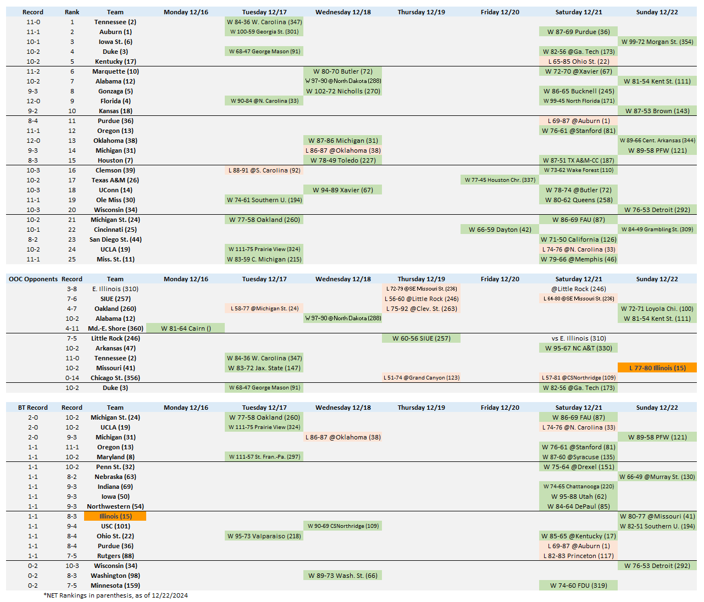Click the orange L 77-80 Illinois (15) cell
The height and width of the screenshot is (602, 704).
[657, 368]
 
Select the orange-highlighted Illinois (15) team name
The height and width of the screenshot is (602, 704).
[115, 516]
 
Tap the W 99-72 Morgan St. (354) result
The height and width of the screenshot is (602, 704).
[657, 42]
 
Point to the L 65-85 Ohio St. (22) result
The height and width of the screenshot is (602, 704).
[579, 62]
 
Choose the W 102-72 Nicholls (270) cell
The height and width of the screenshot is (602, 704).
[343, 91]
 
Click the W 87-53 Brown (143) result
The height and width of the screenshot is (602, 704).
[657, 111]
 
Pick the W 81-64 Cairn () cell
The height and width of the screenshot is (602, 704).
[186, 328]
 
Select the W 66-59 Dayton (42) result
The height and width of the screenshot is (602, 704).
[500, 230]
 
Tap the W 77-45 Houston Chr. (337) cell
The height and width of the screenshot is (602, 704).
[500, 180]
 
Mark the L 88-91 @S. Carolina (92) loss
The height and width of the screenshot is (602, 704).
[264, 170]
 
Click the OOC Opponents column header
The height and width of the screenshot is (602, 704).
[33, 279]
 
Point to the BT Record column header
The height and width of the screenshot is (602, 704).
[33, 408]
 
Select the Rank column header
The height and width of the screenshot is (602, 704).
[72, 12]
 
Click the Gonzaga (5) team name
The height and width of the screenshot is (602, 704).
[115, 91]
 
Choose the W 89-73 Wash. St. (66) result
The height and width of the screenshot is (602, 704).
[343, 576]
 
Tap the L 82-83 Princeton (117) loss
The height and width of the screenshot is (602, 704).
[579, 556]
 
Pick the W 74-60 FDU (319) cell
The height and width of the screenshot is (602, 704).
[579, 586]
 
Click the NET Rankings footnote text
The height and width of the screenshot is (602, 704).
[115, 595]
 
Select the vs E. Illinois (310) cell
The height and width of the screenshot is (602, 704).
[579, 338]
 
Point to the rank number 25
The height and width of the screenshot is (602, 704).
[72, 259]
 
